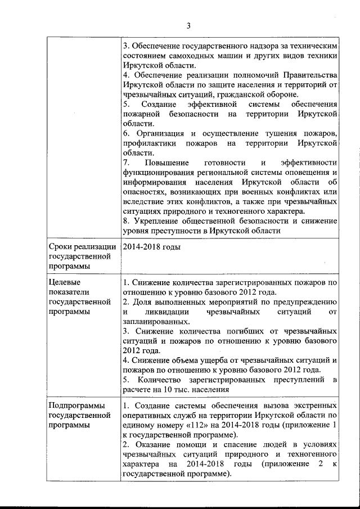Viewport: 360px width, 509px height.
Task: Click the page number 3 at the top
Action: point(188,25)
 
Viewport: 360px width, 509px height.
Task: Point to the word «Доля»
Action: point(141,301)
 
